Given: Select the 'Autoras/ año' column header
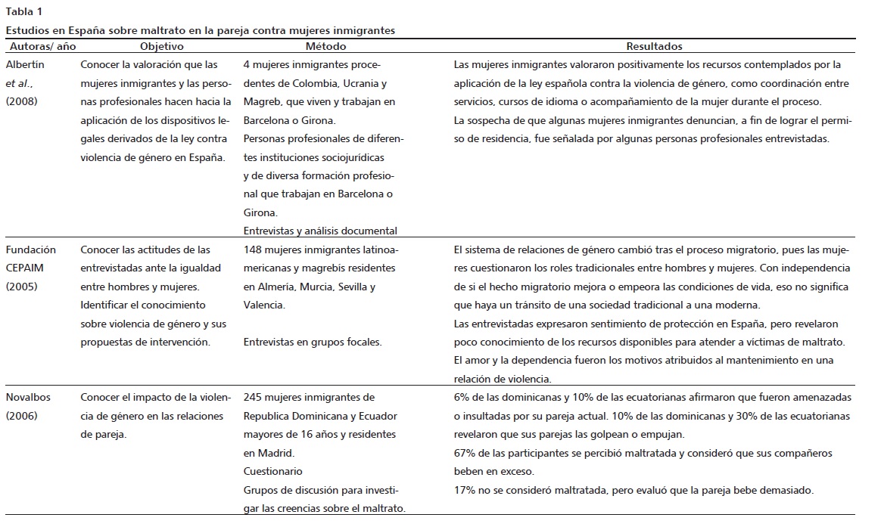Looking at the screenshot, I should [39, 46].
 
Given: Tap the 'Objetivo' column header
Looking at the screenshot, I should [161, 46].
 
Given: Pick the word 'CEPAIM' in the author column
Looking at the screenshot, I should [26, 268].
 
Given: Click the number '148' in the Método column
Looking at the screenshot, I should [254, 250].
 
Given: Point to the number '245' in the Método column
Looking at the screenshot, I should [254, 397].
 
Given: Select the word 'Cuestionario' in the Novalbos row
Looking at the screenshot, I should [272, 471].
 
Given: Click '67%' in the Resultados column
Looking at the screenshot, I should [464, 453].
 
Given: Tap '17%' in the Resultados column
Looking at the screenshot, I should [464, 490].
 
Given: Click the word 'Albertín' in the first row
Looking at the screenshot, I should [25, 65].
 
